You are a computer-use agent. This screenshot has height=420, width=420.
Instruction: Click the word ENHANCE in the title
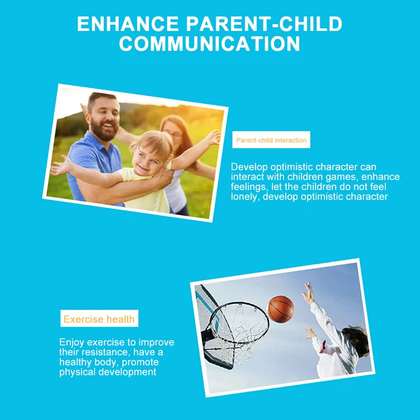pos(128,24)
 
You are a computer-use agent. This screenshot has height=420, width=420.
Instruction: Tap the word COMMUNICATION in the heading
pos(209,44)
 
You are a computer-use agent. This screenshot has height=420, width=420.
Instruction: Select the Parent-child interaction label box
pos(271,140)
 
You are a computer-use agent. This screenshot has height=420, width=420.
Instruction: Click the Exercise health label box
pos(99,319)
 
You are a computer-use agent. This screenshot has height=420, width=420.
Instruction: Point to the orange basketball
pos(281,309)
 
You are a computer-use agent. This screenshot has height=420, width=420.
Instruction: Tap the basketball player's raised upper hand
pos(309,293)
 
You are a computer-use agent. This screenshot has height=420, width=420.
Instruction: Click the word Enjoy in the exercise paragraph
pos(71,343)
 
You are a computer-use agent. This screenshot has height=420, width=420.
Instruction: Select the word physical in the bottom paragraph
pos(77,372)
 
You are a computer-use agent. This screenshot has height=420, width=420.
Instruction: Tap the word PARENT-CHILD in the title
pos(264,24)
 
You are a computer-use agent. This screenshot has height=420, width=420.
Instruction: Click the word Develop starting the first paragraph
pos(249,167)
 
